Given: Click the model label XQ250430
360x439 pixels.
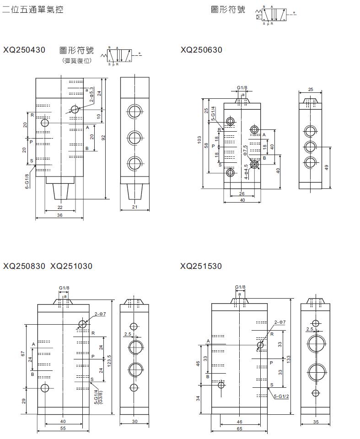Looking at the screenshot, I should point(24,50).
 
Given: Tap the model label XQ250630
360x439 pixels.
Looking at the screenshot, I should point(201,50).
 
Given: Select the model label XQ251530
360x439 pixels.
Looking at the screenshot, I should point(201,266).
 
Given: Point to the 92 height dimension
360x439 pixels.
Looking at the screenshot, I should point(104,138).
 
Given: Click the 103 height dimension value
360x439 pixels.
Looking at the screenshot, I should point(199,140).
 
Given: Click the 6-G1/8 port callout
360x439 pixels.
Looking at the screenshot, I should point(27,181).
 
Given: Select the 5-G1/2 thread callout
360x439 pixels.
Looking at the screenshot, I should point(281,396).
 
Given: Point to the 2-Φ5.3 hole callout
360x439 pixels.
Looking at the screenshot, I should point(91,94).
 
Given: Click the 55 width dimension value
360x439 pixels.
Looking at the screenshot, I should point(63,428).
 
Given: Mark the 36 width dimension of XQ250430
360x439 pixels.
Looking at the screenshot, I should point(59,215).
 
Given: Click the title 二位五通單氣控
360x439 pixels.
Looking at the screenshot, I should point(32,9).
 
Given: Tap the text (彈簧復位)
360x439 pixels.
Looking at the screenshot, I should point(77,60).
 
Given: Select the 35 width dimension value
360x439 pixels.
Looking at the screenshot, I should point(316,422).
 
